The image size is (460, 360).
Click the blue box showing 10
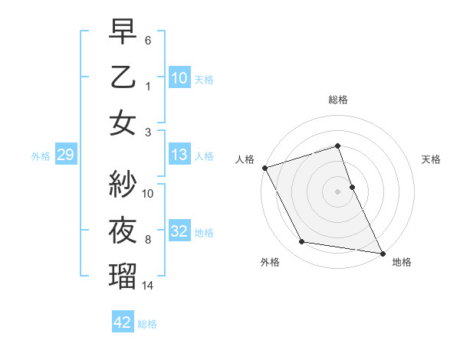click(x=179, y=78)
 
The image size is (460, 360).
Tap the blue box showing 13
click(x=179, y=155)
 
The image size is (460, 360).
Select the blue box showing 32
click(x=179, y=231)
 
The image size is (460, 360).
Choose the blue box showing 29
click(x=65, y=155)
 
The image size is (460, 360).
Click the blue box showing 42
click(x=123, y=322)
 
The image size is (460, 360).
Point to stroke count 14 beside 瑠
click(x=149, y=286)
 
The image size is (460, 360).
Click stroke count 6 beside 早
click(x=149, y=40)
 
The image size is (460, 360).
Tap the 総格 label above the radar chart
click(x=337, y=100)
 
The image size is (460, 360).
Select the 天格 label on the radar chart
click(x=431, y=160)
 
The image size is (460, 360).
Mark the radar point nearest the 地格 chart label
click(x=381, y=253)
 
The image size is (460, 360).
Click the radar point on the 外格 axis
click(x=302, y=242)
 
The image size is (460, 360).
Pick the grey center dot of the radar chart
click(x=337, y=191)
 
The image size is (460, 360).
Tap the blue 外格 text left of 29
click(x=41, y=156)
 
